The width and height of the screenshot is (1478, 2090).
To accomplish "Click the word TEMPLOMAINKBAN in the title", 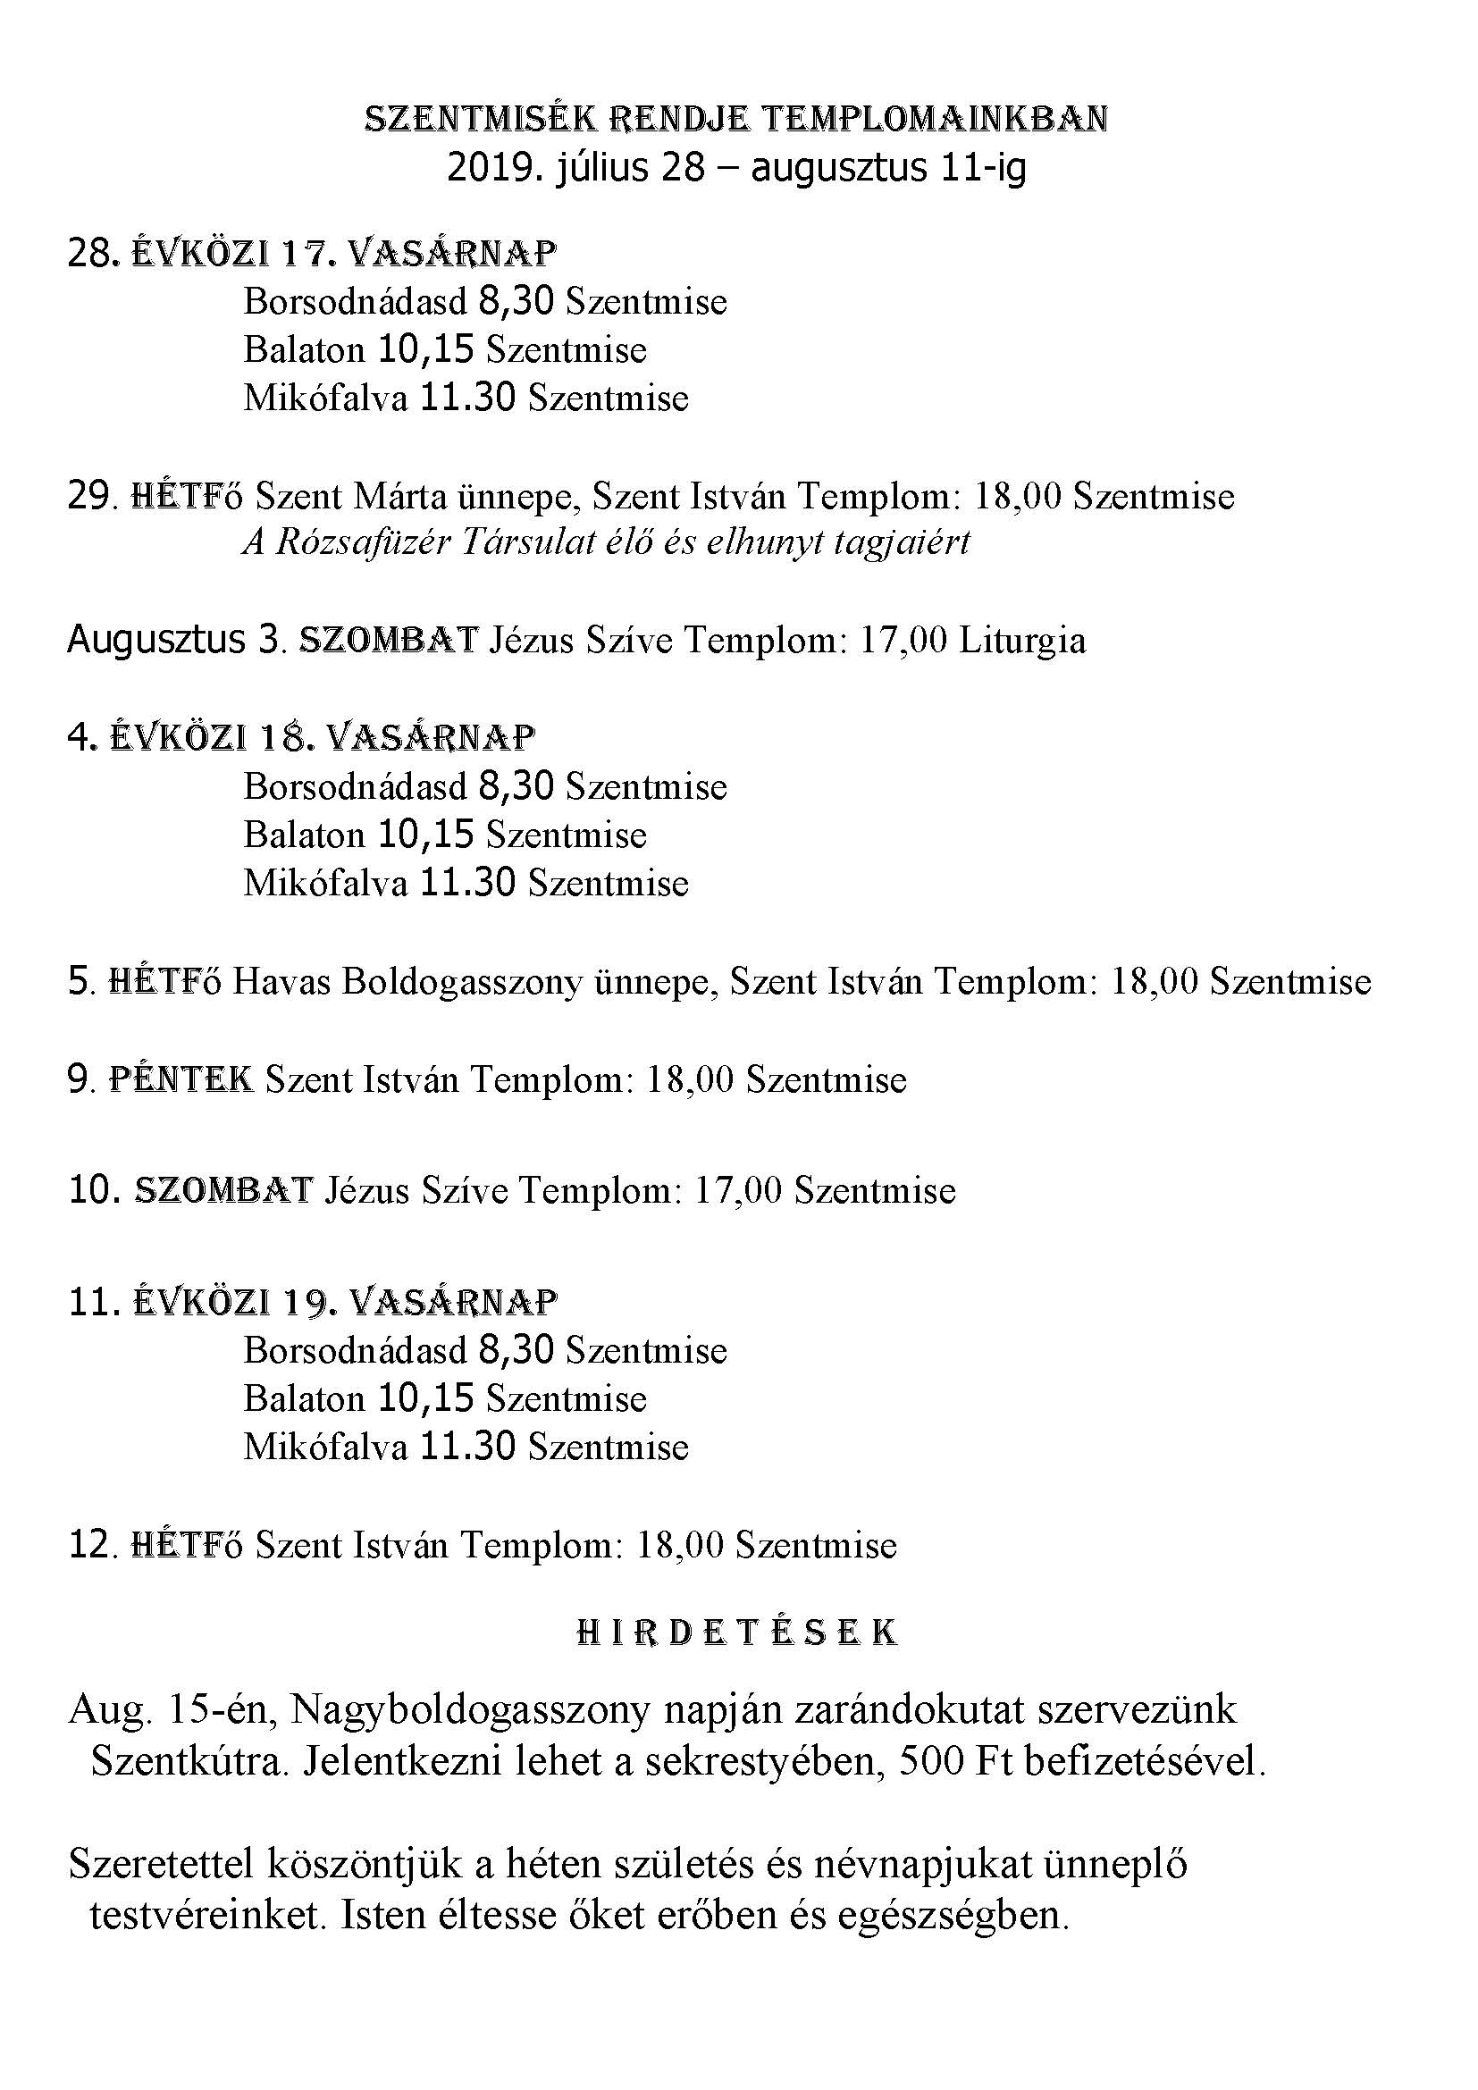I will click(x=934, y=119).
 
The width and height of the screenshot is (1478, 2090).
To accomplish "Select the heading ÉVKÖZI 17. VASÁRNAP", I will click(x=343, y=254).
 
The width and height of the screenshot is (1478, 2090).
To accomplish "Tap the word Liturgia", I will click(x=1022, y=641).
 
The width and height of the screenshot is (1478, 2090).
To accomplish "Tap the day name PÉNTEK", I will click(x=181, y=1079).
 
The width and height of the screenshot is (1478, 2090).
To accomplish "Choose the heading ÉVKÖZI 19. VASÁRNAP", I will click(x=343, y=1302).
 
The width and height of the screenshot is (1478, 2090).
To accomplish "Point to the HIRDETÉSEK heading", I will click(x=737, y=1633).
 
